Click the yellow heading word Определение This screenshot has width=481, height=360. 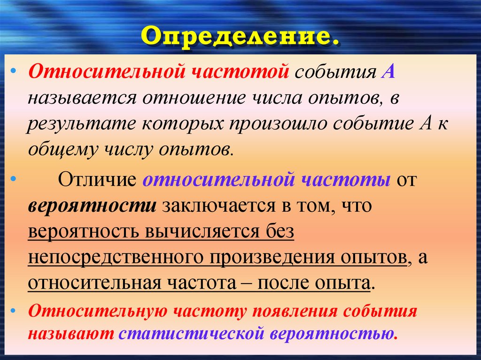click(240, 37)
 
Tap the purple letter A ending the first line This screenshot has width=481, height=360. click(391, 73)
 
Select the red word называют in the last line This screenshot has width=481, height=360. click(71, 334)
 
